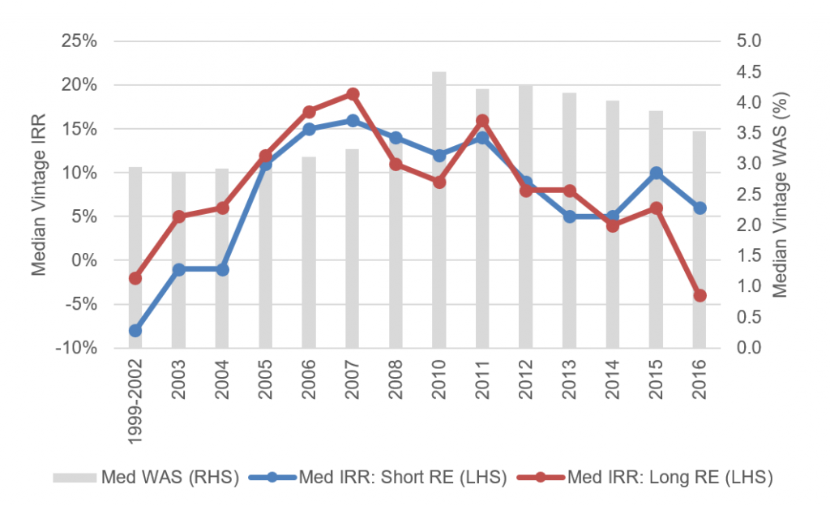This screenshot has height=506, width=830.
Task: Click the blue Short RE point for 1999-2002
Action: coord(135,331)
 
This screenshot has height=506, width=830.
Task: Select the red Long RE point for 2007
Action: coord(353,94)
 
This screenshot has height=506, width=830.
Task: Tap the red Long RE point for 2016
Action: coord(700,296)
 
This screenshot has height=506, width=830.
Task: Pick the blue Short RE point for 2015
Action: coord(657,173)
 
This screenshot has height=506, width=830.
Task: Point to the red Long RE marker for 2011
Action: coord(482,121)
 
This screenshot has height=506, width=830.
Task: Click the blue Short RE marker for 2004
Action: coord(222,269)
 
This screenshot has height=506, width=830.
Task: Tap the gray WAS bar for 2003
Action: coord(178,259)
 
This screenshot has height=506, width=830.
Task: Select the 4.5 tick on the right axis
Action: coord(751,72)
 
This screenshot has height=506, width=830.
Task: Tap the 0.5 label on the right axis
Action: coord(751,317)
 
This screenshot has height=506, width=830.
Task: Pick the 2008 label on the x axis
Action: coord(396,376)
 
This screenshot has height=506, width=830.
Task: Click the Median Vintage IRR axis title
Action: coord(39,195)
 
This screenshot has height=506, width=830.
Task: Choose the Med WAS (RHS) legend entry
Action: coord(146,478)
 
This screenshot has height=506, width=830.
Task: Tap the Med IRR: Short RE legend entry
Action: coord(381,478)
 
